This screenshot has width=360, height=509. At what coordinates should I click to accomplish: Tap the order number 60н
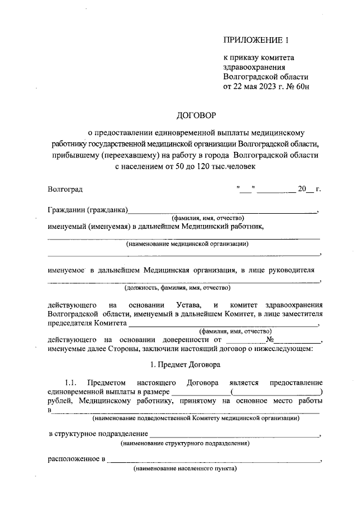[302, 87]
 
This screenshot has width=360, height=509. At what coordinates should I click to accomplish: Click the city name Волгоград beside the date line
[65, 190]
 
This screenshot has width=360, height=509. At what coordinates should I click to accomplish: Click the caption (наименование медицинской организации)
[187, 244]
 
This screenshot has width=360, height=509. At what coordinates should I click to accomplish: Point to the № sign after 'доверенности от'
[271, 340]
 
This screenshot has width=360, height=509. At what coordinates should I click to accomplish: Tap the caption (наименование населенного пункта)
[185, 469]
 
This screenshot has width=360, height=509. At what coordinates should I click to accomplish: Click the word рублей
[60, 401]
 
